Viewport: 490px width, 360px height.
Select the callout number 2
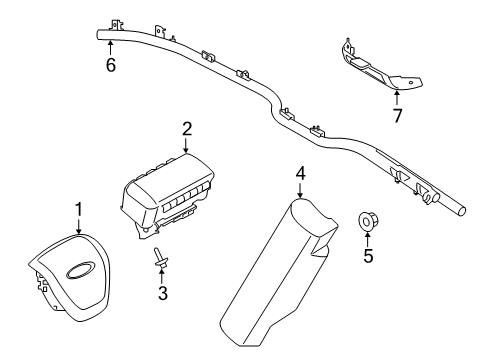click(186, 128)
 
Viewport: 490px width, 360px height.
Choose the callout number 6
click(111, 66)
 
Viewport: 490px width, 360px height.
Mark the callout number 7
click(396, 115)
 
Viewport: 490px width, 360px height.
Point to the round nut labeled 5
click(367, 220)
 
